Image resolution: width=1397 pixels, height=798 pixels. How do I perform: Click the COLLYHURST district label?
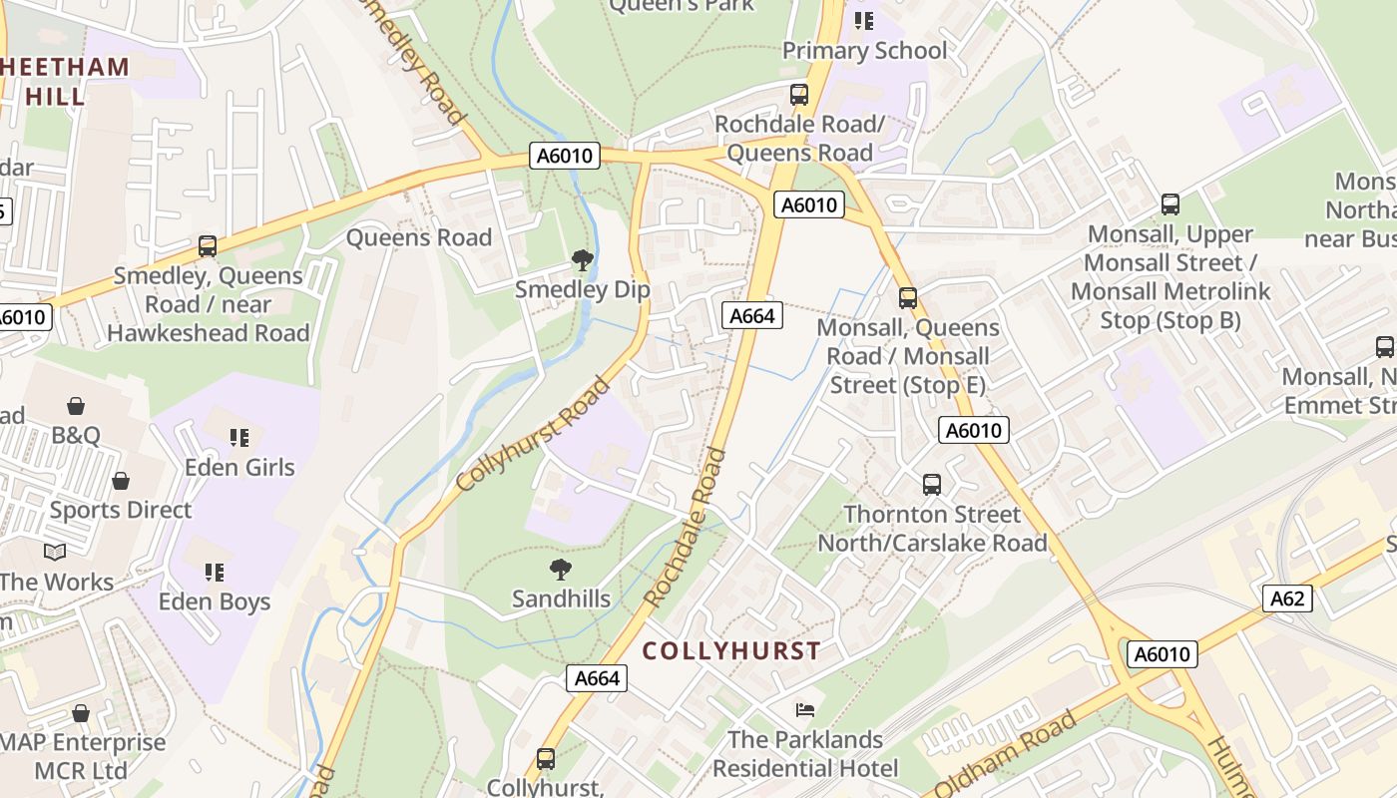[x=731, y=651]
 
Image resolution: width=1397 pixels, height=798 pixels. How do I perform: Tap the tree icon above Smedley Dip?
[x=583, y=261]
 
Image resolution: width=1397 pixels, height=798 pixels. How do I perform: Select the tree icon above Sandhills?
[x=561, y=570]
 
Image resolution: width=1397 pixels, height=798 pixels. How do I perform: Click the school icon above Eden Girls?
[x=239, y=437]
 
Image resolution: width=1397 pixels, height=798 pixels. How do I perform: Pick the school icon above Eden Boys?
[x=215, y=572]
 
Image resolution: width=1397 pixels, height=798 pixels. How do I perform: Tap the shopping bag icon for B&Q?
[x=76, y=405]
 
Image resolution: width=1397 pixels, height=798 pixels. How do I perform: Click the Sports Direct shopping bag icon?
[x=121, y=481]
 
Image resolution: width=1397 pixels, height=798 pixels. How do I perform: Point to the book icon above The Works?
[x=55, y=552]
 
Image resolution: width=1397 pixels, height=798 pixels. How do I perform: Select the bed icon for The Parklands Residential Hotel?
[x=805, y=710]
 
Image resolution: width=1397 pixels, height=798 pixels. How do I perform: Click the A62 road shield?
[x=1287, y=598]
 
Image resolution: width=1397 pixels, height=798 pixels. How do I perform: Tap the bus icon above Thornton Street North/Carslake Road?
[x=932, y=485]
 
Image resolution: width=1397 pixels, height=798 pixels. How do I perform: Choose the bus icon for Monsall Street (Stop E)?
[x=907, y=297]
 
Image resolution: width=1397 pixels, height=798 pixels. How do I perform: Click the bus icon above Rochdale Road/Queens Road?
[x=799, y=95]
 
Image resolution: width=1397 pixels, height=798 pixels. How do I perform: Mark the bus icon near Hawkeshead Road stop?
[x=208, y=245]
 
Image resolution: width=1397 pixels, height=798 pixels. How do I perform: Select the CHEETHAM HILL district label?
[x=66, y=82]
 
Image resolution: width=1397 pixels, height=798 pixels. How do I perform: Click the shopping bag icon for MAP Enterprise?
[x=81, y=713]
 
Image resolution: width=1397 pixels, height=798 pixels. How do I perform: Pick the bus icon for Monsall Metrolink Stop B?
[x=1170, y=204]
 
